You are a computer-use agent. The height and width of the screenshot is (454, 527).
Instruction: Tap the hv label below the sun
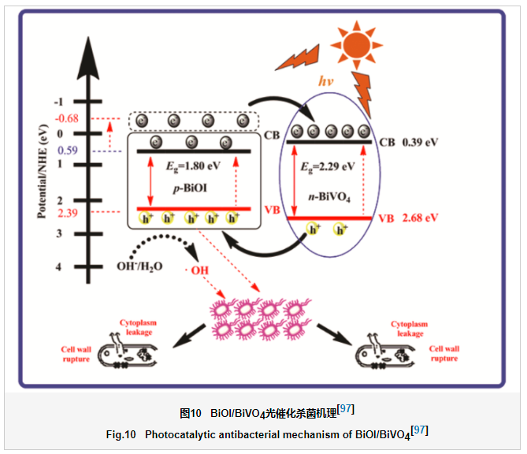[327, 80]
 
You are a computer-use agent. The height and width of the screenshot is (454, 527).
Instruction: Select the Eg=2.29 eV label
[328, 166]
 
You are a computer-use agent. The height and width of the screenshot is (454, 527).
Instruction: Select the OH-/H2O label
[139, 266]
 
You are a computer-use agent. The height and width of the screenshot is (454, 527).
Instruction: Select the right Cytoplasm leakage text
[410, 329]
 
